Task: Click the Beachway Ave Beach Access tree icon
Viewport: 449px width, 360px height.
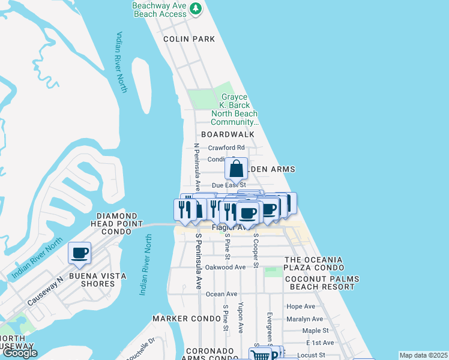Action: pyautogui.click(x=195, y=9)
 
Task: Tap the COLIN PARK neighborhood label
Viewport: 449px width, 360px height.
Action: pyautogui.click(x=189, y=39)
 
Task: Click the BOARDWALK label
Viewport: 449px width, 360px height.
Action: pyautogui.click(x=228, y=134)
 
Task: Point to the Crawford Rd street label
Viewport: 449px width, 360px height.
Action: pyautogui.click(x=226, y=148)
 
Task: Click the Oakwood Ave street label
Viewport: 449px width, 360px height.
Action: pyautogui.click(x=225, y=267)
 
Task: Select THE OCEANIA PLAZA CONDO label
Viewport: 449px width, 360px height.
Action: pyautogui.click(x=313, y=263)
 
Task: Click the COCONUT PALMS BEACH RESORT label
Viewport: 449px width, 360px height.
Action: pyautogui.click(x=322, y=283)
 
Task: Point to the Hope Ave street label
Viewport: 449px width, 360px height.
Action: pyautogui.click(x=301, y=307)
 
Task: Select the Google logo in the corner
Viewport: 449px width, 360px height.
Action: pyautogui.click(x=20, y=353)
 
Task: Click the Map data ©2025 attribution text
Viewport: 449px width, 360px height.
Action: pyautogui.click(x=423, y=355)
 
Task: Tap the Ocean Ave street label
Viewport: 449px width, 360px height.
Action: pyautogui.click(x=221, y=294)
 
